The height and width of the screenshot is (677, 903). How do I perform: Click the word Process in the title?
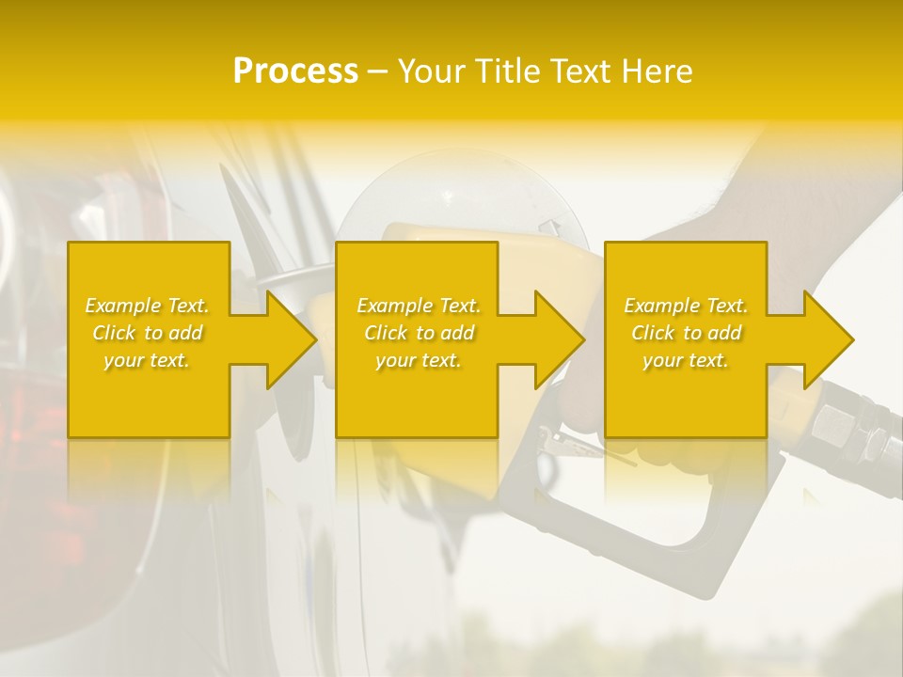point(295,71)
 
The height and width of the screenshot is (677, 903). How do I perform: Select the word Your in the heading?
point(433,71)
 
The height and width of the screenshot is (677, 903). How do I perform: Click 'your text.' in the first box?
point(147,360)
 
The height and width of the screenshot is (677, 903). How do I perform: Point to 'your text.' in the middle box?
point(419,360)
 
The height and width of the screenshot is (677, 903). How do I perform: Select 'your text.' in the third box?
point(686,360)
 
